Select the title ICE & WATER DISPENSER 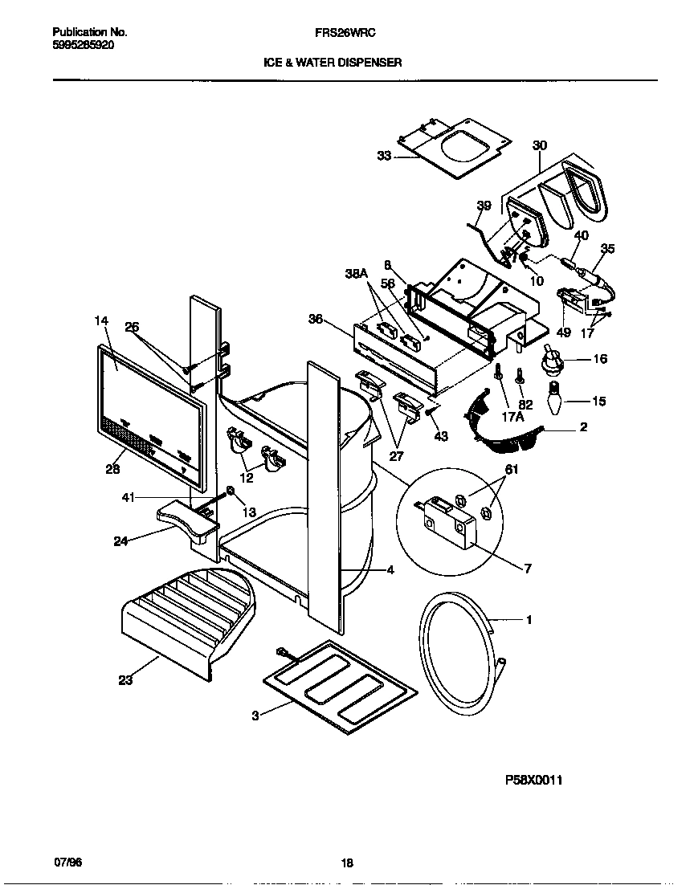[x=333, y=61]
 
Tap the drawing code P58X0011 [x=533, y=779]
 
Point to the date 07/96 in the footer [x=67, y=863]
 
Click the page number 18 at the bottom [x=346, y=863]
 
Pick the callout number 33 [x=384, y=156]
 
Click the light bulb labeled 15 [x=553, y=398]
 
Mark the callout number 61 [x=510, y=470]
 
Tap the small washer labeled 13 [x=230, y=491]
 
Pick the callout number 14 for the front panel [x=101, y=320]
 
